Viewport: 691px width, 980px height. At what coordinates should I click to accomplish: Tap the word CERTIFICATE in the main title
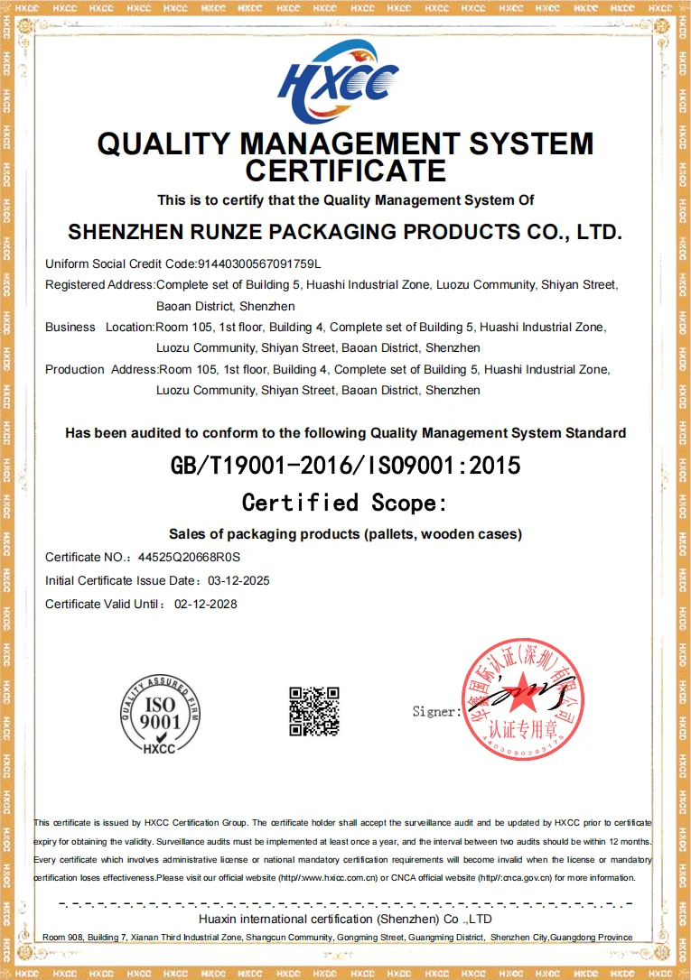[x=346, y=171]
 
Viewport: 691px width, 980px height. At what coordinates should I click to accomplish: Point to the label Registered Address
[x=99, y=285]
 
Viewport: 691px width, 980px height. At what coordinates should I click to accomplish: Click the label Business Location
[x=99, y=327]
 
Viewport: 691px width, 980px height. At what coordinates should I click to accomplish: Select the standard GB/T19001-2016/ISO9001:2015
[x=346, y=466]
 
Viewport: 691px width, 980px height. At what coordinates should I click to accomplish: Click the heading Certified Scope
[x=345, y=503]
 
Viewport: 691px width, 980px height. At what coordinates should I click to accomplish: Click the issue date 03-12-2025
[x=238, y=580]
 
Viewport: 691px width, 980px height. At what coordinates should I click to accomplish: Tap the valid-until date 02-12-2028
[x=206, y=604]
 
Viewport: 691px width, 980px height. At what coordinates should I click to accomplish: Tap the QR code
[x=313, y=711]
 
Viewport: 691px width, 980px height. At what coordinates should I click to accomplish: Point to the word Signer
[x=434, y=711]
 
